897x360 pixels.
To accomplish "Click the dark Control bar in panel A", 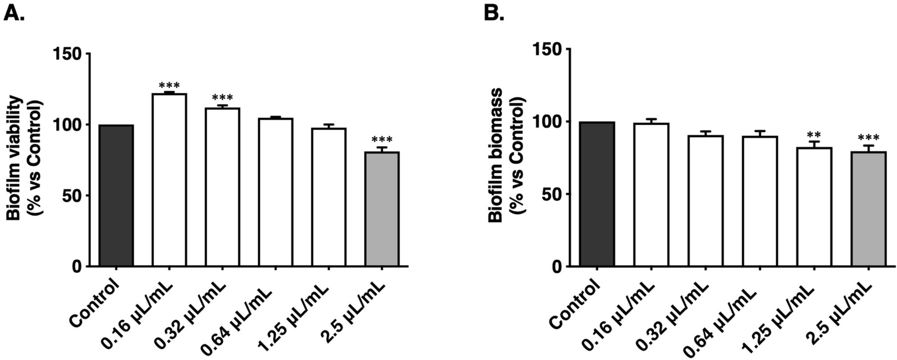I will coord(116,195).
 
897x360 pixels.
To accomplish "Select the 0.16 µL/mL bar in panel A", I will coord(169,180).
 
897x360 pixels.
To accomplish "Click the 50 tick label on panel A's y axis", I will coord(74,196).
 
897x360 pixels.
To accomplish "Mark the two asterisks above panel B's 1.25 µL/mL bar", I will coord(814,135).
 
